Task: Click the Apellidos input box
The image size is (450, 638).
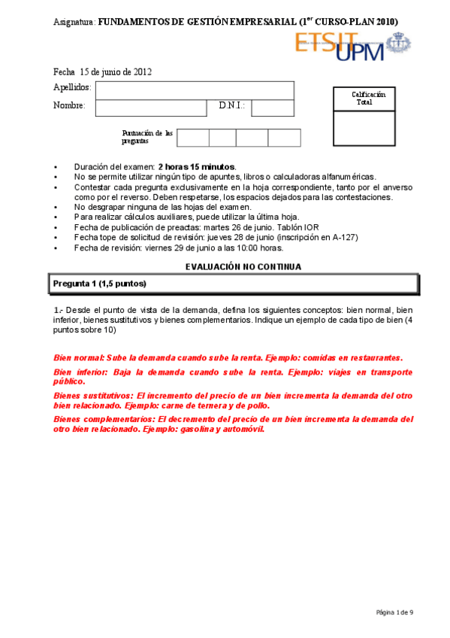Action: pos(195,90)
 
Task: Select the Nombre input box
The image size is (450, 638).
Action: pos(151,108)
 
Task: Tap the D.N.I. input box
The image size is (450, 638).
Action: pos(273,108)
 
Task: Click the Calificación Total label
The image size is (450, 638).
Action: pos(368,98)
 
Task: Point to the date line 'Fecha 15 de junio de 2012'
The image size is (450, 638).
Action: pos(103,72)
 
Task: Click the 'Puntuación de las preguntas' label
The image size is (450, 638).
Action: pos(146,137)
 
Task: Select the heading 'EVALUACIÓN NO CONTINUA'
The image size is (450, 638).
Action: pos(243,266)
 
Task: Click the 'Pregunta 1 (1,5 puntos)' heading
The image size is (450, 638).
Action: pos(100,284)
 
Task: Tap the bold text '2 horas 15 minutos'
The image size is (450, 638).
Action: pos(197,166)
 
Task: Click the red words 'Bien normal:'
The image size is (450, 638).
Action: pos(79,358)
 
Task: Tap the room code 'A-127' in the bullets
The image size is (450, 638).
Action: pos(345,237)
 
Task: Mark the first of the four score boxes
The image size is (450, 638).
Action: pos(192,138)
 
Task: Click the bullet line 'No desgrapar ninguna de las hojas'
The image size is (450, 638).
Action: pos(162,207)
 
